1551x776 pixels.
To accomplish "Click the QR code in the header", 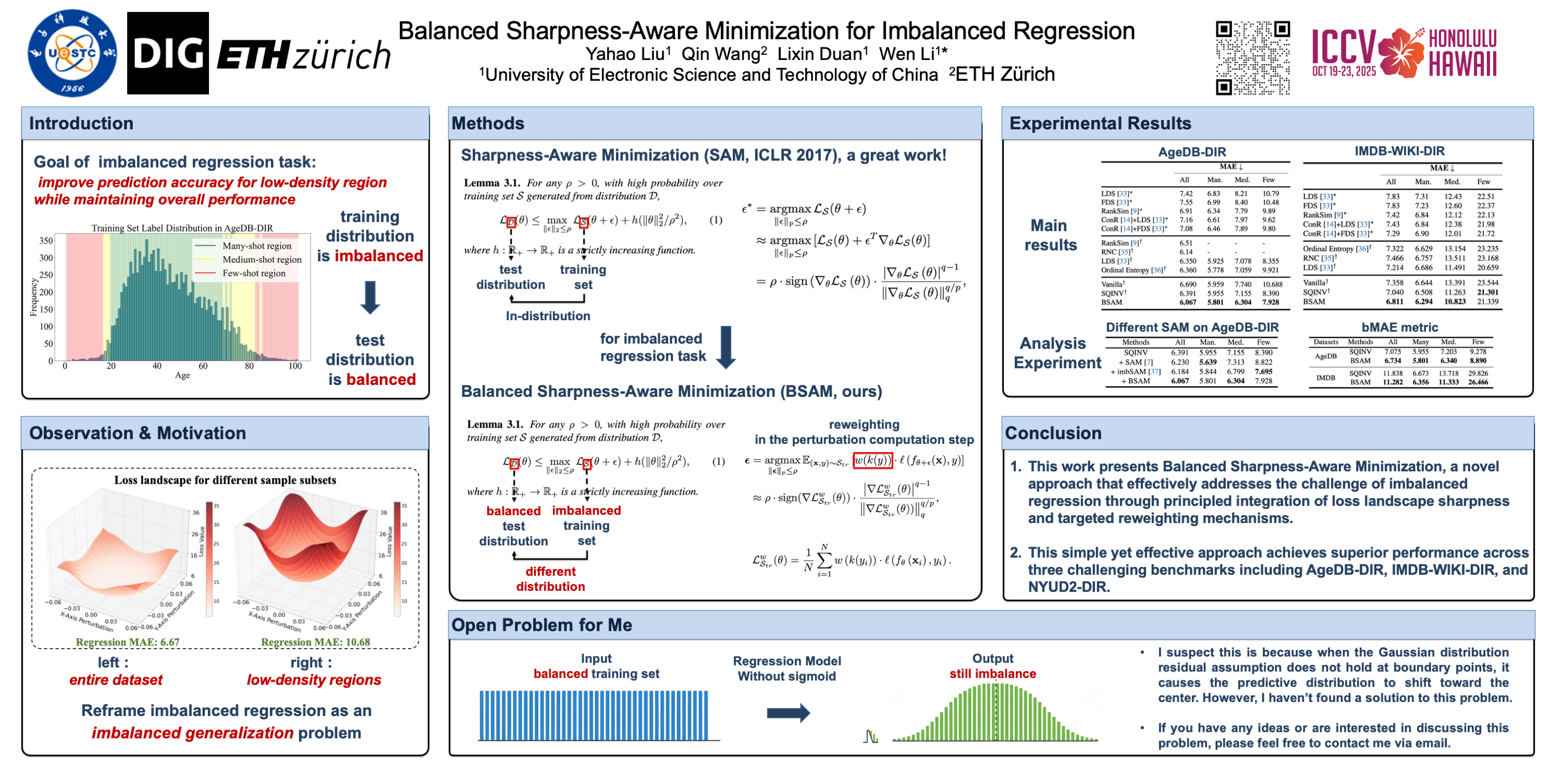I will (x=1253, y=58).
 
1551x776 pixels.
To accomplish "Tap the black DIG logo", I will (x=168, y=53).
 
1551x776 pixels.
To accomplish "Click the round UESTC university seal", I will (x=72, y=53).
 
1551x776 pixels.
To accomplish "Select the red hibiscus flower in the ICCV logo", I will (x=1401, y=53).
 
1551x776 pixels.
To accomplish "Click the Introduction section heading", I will (x=81, y=124).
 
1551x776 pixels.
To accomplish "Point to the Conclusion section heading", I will (x=1053, y=433).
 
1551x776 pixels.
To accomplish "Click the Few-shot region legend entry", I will (x=253, y=273).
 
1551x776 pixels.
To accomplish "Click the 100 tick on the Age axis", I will (x=295, y=366).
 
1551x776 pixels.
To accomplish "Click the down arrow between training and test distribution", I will (x=370, y=297).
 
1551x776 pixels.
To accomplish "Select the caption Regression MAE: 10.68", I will (x=315, y=642).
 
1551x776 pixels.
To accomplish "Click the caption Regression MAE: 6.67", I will (x=128, y=642).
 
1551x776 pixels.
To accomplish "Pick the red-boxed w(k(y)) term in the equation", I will (x=872, y=460).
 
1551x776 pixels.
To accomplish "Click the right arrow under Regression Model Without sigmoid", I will (x=788, y=713).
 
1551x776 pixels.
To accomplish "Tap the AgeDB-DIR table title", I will (x=1192, y=152).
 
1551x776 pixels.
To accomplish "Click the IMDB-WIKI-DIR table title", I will (x=1399, y=151).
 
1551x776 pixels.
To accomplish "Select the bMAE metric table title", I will (x=1399, y=327).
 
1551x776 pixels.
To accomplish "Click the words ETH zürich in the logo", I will (x=304, y=55).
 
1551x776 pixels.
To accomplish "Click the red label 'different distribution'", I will (x=550, y=579).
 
